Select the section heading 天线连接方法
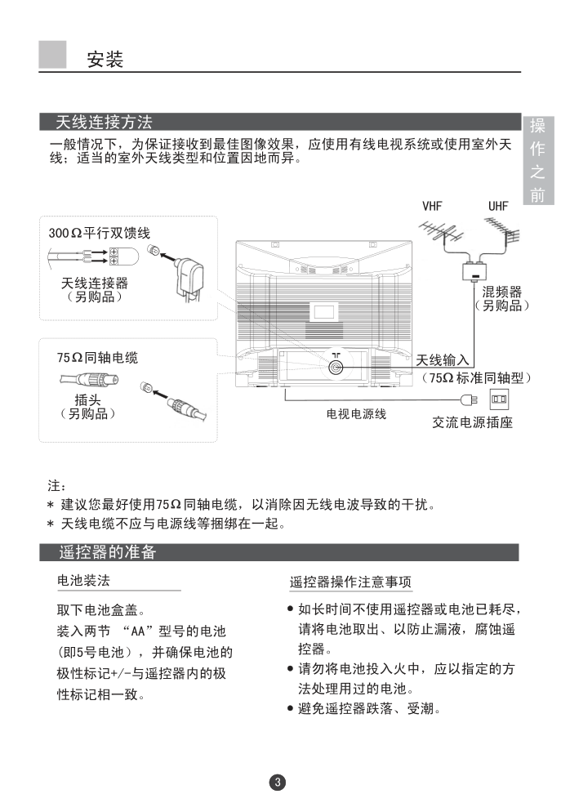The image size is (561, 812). tap(104, 123)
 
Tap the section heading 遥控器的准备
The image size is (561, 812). tap(107, 552)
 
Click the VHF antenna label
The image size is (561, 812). tap(432, 207)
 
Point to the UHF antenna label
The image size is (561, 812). tap(498, 207)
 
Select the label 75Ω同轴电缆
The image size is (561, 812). tap(97, 358)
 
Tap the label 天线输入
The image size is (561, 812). tap(443, 359)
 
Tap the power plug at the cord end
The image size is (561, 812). tap(468, 399)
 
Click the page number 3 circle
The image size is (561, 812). tap(277, 783)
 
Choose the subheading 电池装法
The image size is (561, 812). tap(83, 580)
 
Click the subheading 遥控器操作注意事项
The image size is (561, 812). tap(350, 582)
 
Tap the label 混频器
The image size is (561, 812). tap(501, 292)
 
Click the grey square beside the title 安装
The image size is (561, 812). tap(52, 55)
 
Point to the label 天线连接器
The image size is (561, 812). tap(95, 283)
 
